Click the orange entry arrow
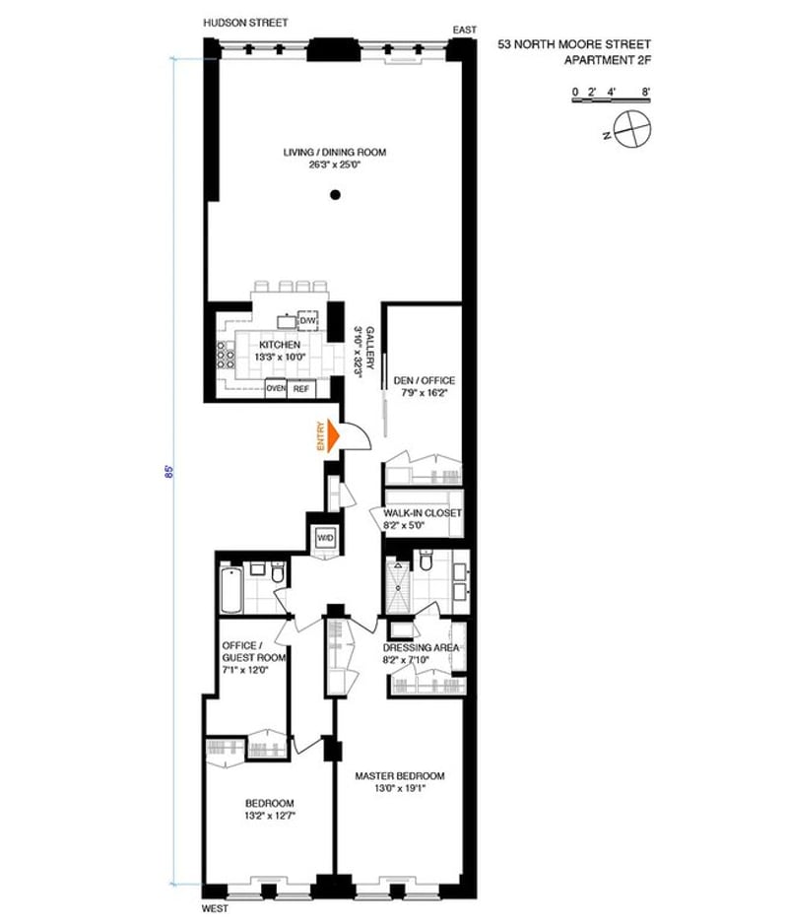pyautogui.click(x=334, y=436)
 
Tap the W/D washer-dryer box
pyautogui.click(x=325, y=538)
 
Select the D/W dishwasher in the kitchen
pyautogui.click(x=307, y=320)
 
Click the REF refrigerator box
pyautogui.click(x=301, y=389)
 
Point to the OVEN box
pyautogui.click(x=276, y=389)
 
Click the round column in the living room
pyautogui.click(x=335, y=194)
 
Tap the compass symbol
pyautogui.click(x=631, y=129)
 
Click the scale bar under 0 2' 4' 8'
pyautogui.click(x=611, y=100)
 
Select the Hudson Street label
pyautogui.click(x=245, y=23)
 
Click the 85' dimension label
pyautogui.click(x=169, y=472)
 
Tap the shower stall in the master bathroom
pyautogui.click(x=398, y=586)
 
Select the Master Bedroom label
pyautogui.click(x=400, y=775)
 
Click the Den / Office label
pyautogui.click(x=425, y=380)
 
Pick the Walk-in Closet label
pyautogui.click(x=423, y=512)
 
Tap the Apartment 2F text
pyautogui.click(x=608, y=60)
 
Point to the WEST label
pyautogui.click(x=215, y=908)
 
